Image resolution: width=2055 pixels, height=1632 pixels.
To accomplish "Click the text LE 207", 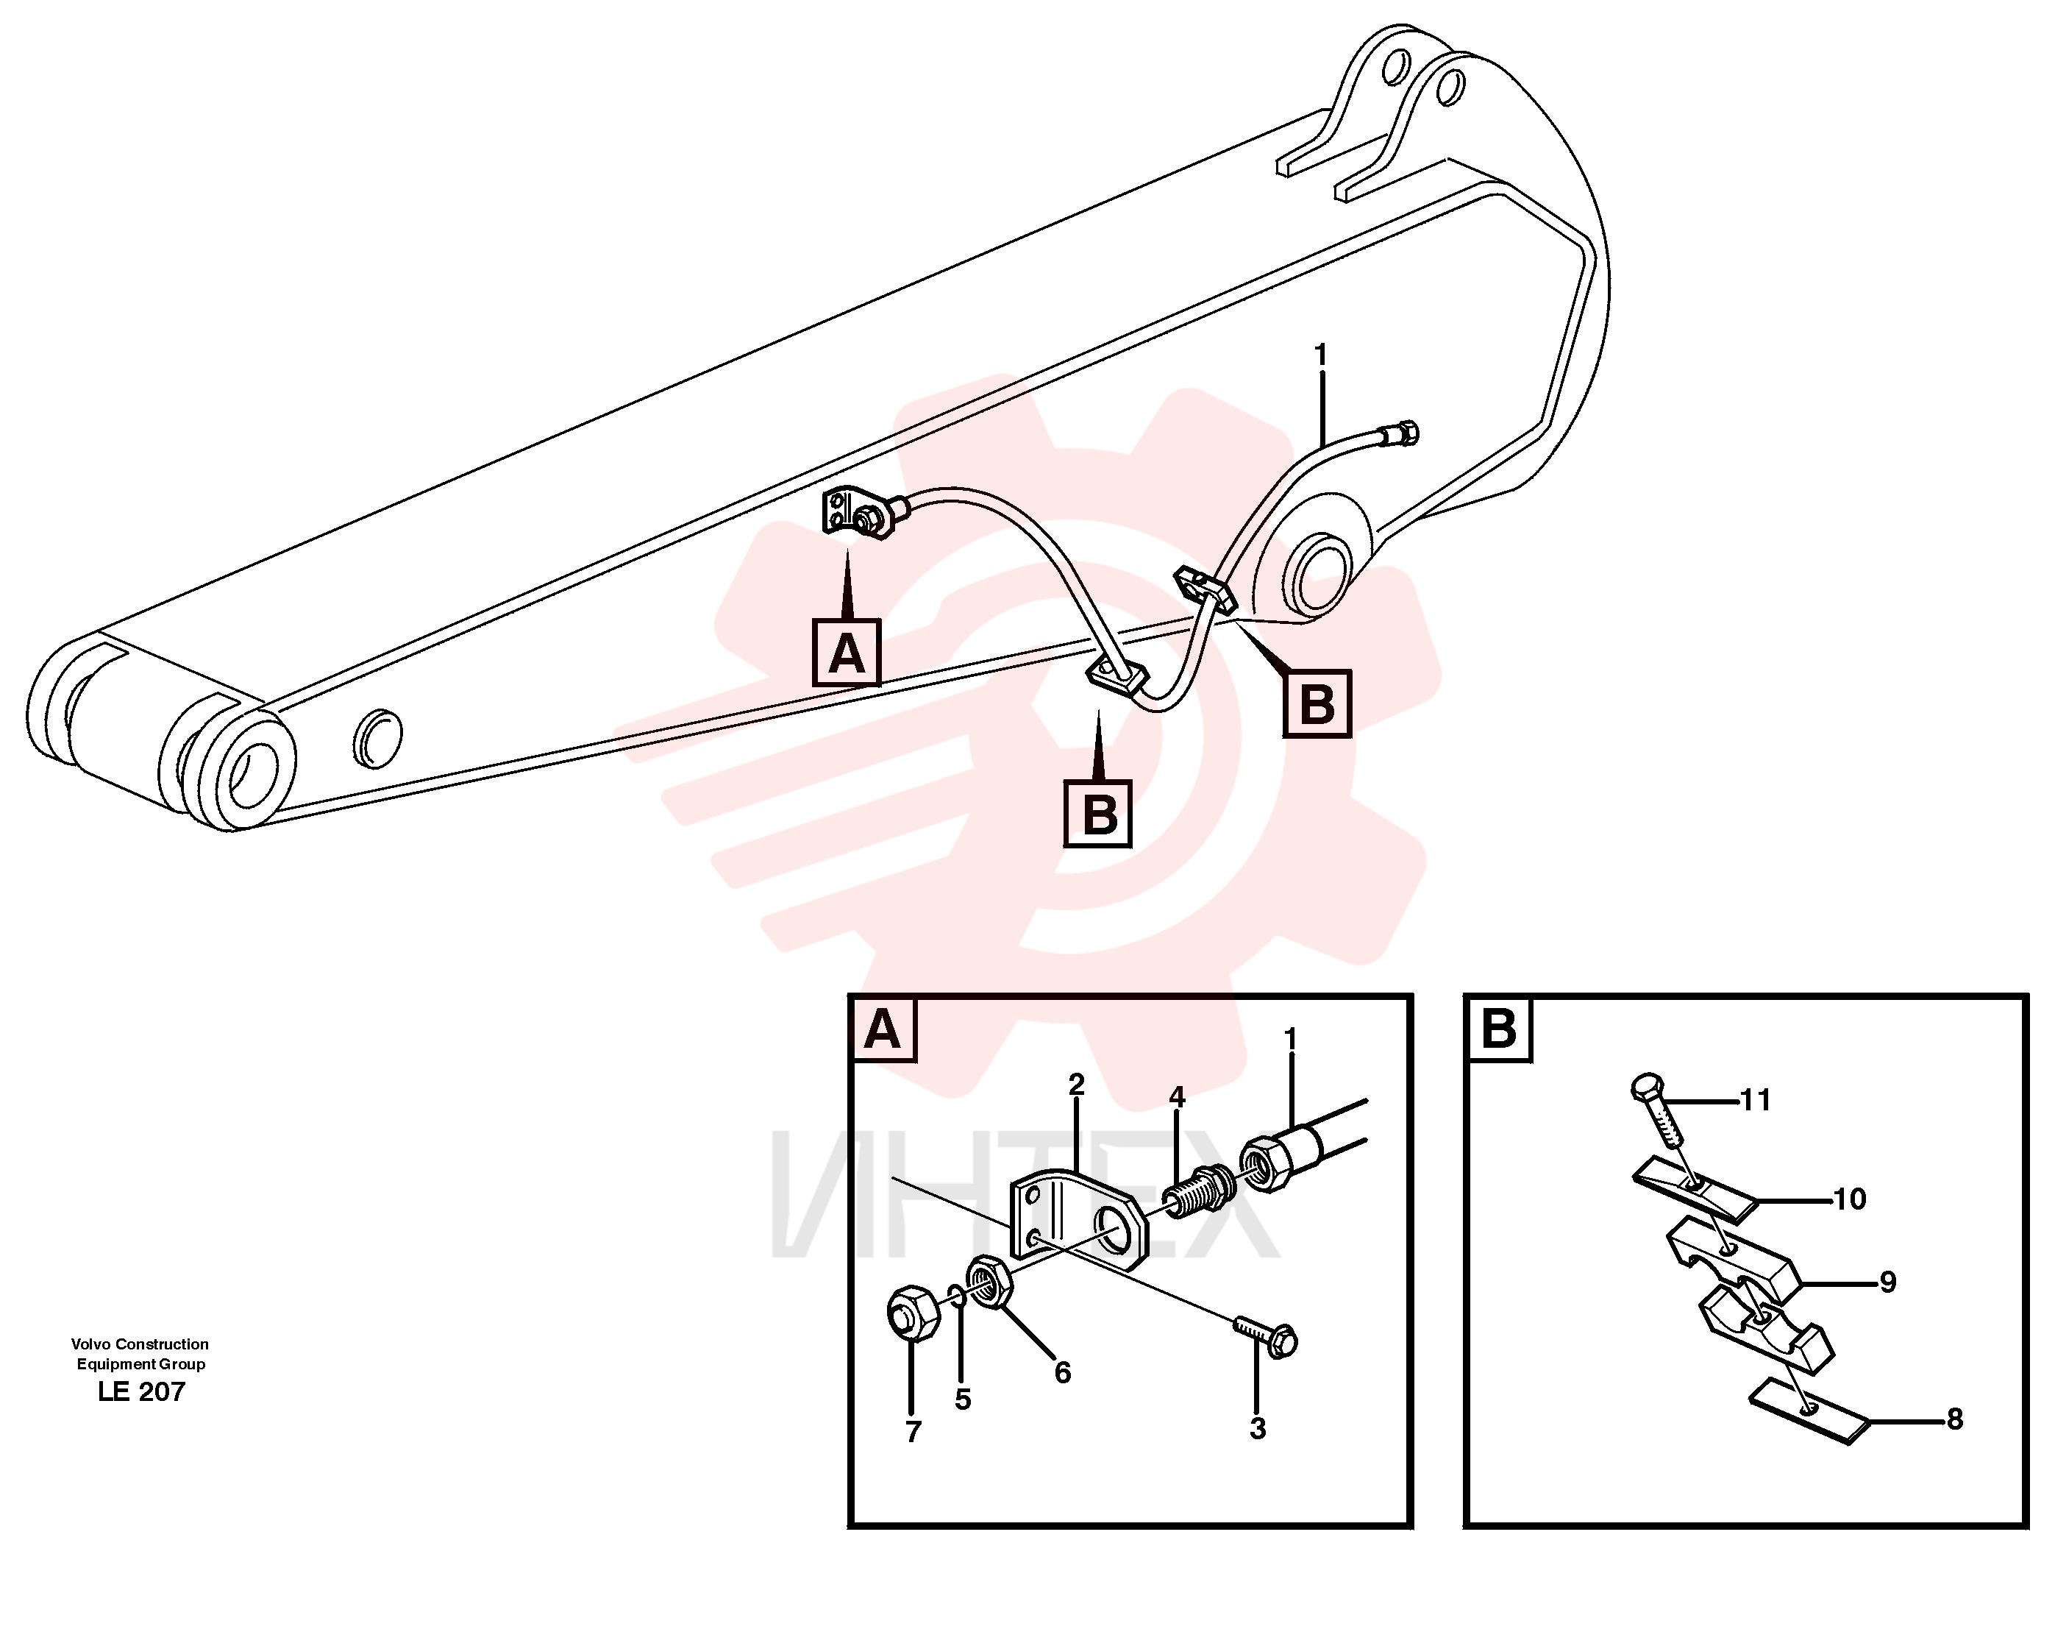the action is tap(141, 1392).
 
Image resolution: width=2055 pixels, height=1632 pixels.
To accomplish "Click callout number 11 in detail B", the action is tap(1756, 1100).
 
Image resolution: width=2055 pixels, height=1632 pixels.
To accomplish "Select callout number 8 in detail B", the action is tap(1955, 1419).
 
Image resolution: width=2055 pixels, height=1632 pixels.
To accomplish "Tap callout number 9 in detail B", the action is tap(1888, 1282).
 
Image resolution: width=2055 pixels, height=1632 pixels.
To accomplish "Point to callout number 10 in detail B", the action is tap(1850, 1199).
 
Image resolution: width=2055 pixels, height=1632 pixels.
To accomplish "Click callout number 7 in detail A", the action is tap(913, 1432).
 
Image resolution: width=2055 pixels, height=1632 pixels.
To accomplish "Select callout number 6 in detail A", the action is tap(1063, 1373).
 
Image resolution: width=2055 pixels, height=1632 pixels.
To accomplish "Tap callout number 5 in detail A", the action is tap(963, 1399).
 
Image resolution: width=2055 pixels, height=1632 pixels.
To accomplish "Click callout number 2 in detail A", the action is tap(1076, 1085).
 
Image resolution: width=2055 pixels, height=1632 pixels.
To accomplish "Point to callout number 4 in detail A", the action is tap(1177, 1097).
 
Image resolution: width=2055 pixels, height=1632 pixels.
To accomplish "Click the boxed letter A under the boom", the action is tap(847, 652).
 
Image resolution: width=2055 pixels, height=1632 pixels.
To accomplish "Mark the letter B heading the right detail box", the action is tap(1499, 1029).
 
